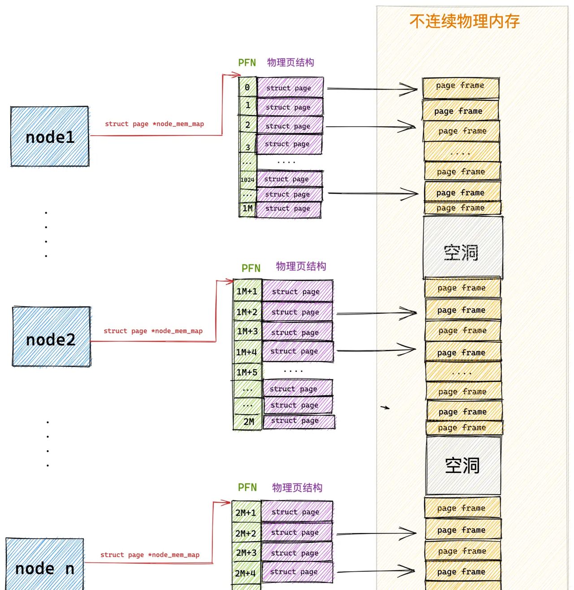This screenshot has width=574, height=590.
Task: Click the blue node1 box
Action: [x=49, y=137]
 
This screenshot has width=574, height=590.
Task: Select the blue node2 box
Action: [x=51, y=337]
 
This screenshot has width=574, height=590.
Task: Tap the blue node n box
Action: [x=44, y=565]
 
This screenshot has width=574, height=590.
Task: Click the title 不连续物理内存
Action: [x=464, y=21]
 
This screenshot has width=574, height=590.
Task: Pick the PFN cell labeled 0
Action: [x=247, y=87]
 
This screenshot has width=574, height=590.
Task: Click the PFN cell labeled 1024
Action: [x=247, y=180]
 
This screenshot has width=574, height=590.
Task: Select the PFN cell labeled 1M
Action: [x=247, y=209]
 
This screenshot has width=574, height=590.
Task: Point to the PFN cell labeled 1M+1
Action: [x=247, y=291]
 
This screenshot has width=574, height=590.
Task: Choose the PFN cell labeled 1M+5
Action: [x=247, y=372]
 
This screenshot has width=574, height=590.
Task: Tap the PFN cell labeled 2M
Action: [x=248, y=422]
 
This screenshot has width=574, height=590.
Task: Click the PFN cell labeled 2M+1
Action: [x=246, y=512]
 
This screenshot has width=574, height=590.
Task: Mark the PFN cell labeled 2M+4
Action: [x=246, y=573]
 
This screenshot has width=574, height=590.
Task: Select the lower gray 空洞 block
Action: [x=463, y=465]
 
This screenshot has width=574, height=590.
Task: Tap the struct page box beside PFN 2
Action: [x=289, y=126]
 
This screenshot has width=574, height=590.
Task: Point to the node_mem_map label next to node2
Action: [x=153, y=331]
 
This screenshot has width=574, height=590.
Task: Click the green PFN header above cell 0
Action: [x=247, y=63]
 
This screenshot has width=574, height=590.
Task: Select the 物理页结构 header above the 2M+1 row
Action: [x=297, y=487]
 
